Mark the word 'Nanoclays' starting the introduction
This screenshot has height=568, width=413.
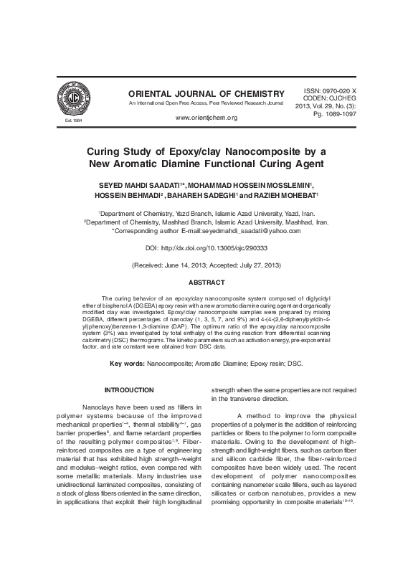[x=98, y=407]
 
